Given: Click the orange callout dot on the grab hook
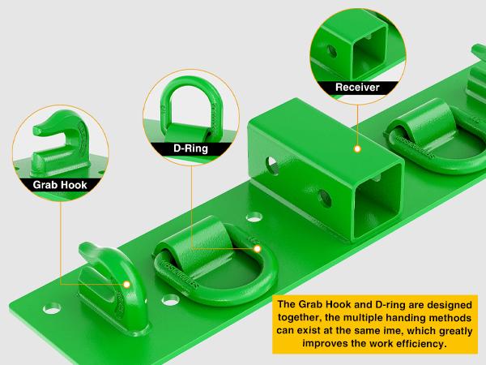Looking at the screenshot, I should click(x=128, y=286).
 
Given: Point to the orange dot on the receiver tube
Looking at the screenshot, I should click(x=356, y=150).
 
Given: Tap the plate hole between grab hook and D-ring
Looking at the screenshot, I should click(x=169, y=300).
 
